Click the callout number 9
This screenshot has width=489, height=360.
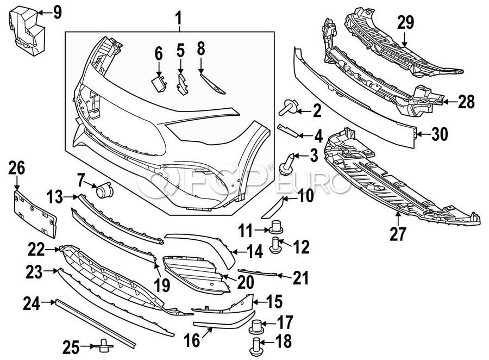pyautogui.click(x=57, y=11)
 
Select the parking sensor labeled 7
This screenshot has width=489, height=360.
pyautogui.click(x=102, y=190)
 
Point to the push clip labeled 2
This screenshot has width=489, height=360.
pyautogui.click(x=286, y=109)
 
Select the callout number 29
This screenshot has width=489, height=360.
pyautogui.click(x=405, y=22)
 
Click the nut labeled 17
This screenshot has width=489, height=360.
pyautogui.click(x=256, y=326)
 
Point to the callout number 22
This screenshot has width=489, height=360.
pyautogui.click(x=36, y=250)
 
